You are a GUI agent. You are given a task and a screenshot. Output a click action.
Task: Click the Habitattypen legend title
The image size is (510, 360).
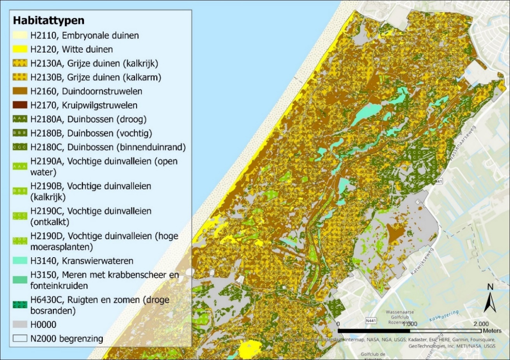click(49, 20)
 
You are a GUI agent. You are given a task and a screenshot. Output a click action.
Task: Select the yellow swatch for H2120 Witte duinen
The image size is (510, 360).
click(20, 49)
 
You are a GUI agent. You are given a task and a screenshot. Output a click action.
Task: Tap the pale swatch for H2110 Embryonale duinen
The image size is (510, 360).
click(20, 35)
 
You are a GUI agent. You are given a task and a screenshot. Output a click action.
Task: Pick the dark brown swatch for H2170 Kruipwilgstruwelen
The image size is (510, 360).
click(20, 105)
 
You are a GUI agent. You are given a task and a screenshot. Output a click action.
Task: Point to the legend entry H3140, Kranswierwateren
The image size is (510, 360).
click(82, 261)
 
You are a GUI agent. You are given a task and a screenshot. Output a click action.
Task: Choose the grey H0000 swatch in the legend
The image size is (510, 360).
click(20, 325)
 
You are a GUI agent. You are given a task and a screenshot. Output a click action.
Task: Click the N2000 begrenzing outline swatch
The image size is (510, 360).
click(20, 338)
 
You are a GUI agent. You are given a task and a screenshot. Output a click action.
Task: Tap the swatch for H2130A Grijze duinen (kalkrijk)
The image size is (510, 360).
click(20, 63)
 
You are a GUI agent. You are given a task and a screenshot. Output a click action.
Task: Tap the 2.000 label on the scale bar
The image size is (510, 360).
click(481, 324)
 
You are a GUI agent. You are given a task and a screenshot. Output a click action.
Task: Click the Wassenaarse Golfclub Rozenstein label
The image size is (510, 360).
click(400, 317)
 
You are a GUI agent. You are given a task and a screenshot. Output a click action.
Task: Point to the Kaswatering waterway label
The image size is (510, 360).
click(444, 316)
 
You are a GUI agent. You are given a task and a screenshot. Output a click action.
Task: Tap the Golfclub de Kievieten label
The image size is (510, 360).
click(373, 356)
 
